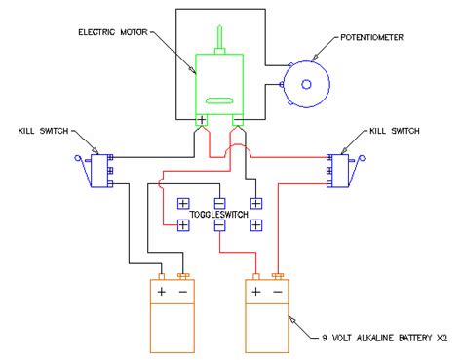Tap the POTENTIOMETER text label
371,37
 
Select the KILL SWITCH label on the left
44,130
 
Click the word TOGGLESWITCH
218,213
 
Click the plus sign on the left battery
160,291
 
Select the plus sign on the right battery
255,291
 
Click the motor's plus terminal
202,122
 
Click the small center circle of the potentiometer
306,84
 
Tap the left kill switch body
98,168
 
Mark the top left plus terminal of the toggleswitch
182,204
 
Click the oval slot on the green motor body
220,100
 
